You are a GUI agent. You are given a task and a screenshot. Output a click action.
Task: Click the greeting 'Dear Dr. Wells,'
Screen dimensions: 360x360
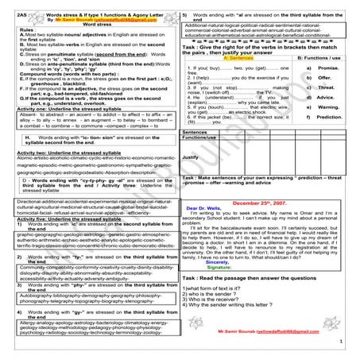click(205, 210)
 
